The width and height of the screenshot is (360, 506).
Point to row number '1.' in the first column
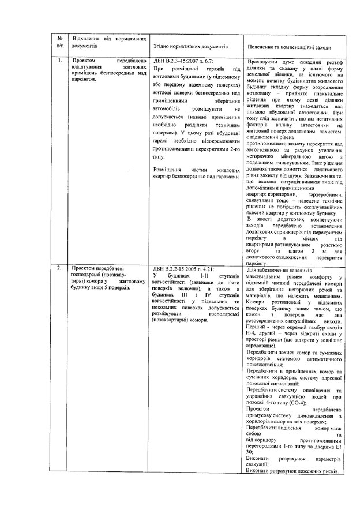pos(61,60)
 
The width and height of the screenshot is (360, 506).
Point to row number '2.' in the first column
pos(61,269)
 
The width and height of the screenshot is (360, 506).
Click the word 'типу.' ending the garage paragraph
pos(160,155)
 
